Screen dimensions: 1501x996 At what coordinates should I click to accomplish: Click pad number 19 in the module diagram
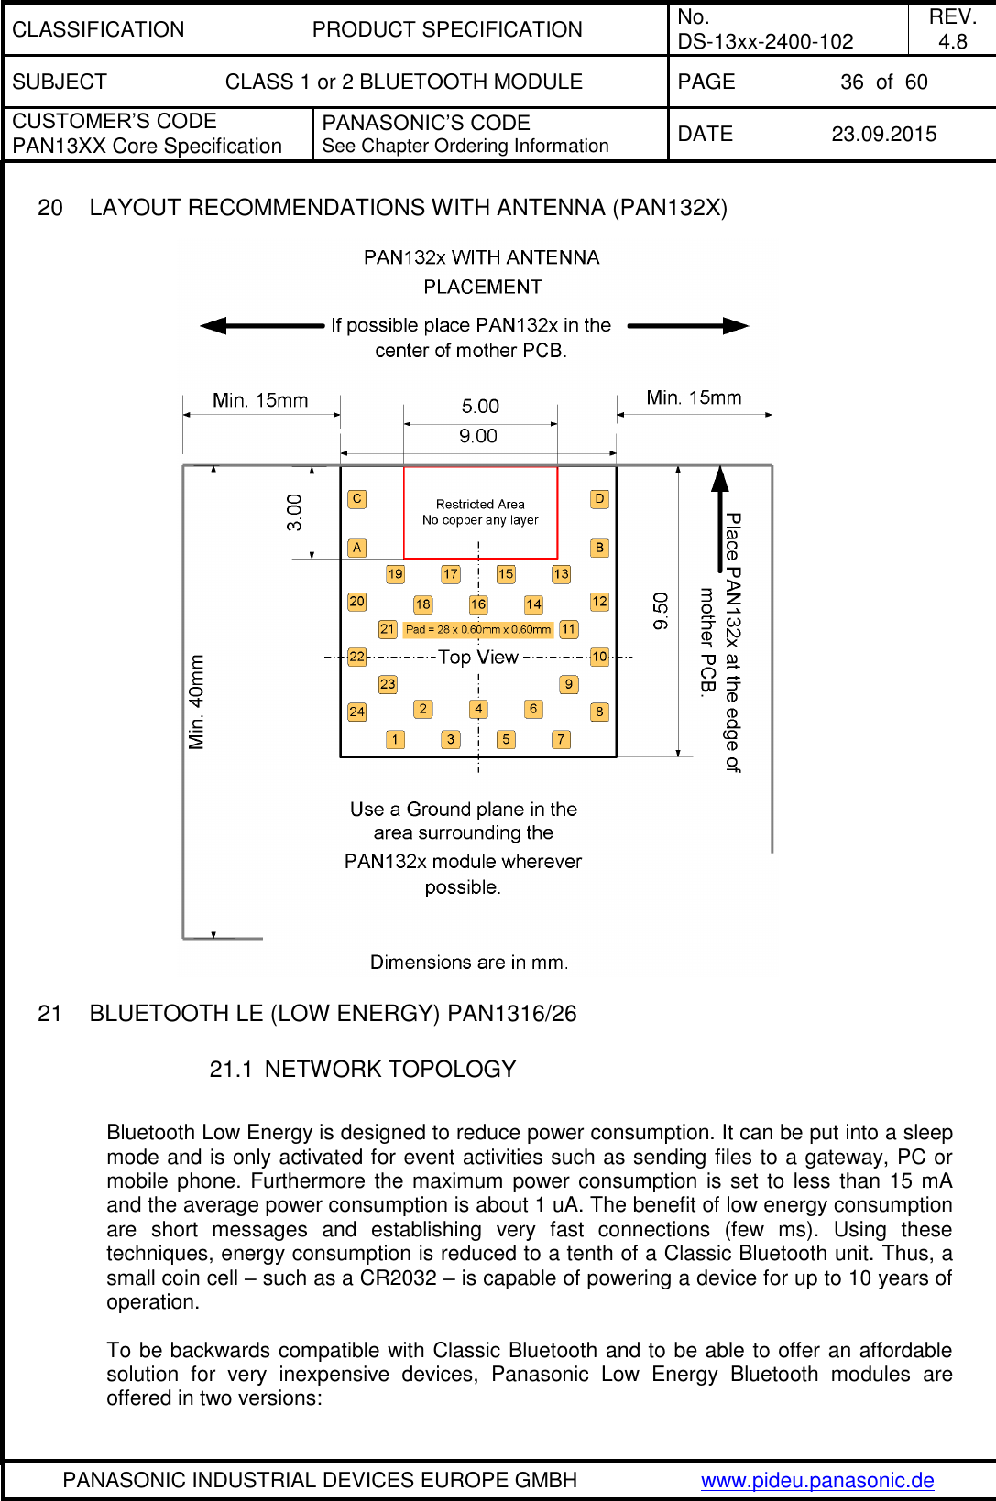pos(395,574)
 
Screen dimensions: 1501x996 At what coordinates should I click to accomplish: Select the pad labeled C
pos(356,499)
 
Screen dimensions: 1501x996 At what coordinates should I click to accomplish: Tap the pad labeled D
pos(599,499)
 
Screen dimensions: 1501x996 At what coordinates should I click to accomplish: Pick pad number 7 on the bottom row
pos(561,739)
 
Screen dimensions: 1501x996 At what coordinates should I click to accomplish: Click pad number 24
pos(356,712)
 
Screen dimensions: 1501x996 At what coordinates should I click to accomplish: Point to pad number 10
pos(599,657)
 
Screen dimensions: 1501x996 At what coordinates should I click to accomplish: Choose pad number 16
pos(478,604)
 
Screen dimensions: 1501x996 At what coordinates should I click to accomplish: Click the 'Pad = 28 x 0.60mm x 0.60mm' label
pos(478,629)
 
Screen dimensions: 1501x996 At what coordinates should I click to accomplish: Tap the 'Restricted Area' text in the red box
pos(480,504)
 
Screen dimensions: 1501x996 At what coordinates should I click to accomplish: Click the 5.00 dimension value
pos(480,407)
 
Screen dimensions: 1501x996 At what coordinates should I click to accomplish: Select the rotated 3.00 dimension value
pos(294,512)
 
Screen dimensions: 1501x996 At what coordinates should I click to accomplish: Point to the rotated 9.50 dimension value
pos(661,611)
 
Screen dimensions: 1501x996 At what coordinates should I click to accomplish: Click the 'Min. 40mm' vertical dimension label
pos(197,702)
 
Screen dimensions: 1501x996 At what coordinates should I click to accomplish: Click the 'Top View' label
pos(478,657)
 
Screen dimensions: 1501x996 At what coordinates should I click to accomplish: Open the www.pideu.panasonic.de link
pos(817,1480)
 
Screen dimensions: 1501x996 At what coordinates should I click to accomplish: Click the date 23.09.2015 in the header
pos(883,135)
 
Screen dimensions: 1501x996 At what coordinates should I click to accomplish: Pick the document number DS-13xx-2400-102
pos(765,41)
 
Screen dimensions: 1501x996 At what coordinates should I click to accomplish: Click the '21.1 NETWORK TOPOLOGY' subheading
pos(363,1069)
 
